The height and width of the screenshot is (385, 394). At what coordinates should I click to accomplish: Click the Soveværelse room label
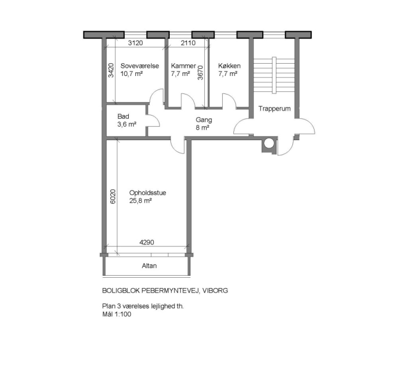tap(140, 66)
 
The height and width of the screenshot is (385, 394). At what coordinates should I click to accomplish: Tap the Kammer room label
tap(184, 66)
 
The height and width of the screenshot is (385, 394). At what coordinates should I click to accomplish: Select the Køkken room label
tap(229, 66)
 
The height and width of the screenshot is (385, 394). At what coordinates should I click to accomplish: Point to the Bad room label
tap(123, 117)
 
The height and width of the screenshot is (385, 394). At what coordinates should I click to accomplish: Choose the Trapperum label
tap(275, 109)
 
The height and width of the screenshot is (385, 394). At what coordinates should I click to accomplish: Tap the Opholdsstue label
tap(148, 193)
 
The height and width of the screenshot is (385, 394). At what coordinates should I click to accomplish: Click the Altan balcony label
tap(149, 266)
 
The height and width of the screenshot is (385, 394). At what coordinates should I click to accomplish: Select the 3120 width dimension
tap(135, 44)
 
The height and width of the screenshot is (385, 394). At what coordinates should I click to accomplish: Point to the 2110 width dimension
tap(188, 44)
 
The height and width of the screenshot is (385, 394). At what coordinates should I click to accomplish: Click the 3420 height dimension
tap(110, 70)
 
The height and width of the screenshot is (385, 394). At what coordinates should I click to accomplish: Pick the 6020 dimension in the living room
tap(113, 198)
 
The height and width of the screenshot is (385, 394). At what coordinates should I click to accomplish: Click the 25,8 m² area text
tap(140, 201)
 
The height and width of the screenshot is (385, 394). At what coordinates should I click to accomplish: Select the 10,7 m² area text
tap(131, 73)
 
